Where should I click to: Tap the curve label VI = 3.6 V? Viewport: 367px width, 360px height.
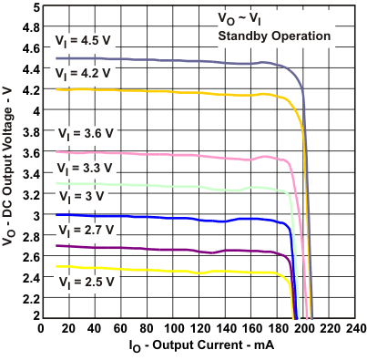85,132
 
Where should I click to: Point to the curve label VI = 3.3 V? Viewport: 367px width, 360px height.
85,169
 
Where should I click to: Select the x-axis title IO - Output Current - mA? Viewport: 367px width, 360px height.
202,346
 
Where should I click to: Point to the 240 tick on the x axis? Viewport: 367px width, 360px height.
355,328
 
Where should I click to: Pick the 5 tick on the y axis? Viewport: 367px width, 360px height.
36,6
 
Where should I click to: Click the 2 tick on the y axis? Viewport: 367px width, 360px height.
36,316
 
